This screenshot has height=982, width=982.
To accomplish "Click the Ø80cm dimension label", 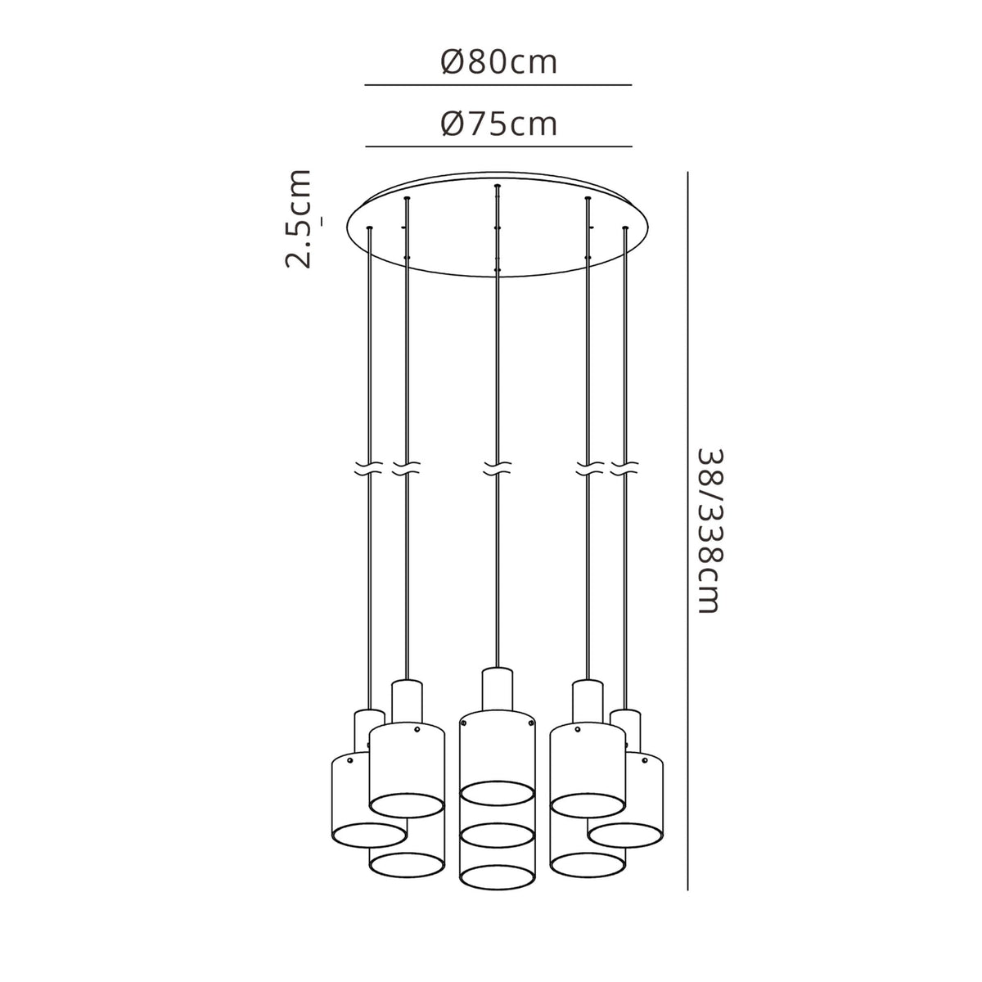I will pos(498,62).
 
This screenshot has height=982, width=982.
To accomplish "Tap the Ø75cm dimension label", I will pos(498,124).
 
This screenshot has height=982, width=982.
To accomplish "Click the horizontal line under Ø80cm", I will pos(498,84).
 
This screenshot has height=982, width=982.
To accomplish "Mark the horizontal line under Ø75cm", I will pos(498,146).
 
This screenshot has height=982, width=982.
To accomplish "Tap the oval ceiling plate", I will pos(498,225).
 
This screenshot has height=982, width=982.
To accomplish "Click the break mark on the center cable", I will pos(497,469).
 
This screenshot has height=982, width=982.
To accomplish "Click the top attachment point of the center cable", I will pos(497,187).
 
